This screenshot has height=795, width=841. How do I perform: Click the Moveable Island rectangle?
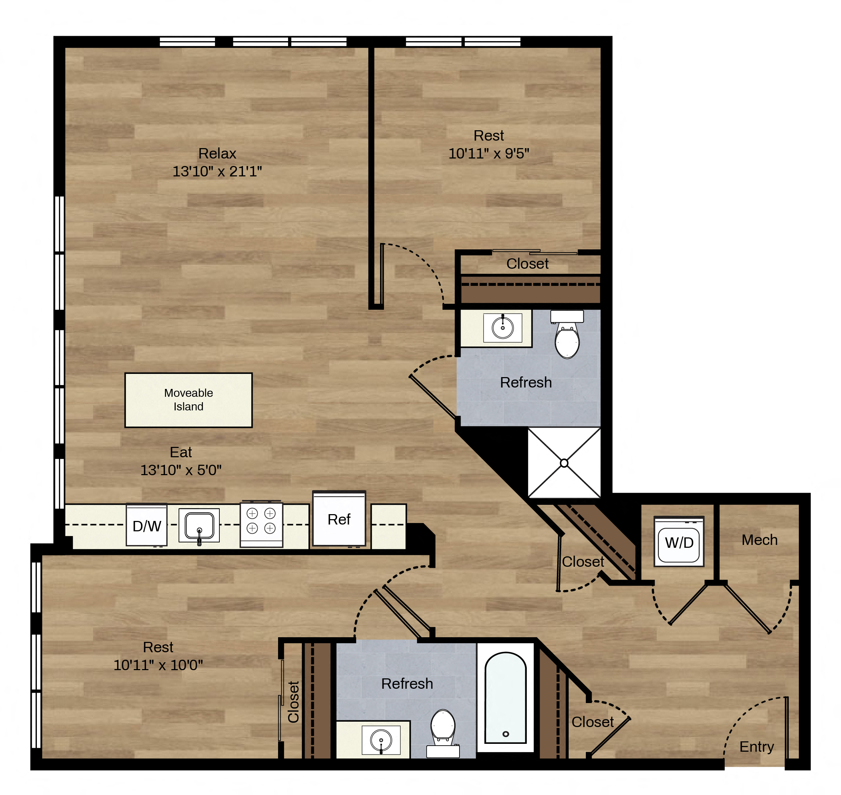(x=188, y=400)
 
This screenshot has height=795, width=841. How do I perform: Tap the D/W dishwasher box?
(x=147, y=525)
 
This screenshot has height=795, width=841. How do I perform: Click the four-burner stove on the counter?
(x=261, y=524)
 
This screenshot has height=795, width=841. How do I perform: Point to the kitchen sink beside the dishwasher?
(x=199, y=526)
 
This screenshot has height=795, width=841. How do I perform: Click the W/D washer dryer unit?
(x=679, y=541)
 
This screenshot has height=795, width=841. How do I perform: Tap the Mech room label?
(x=759, y=540)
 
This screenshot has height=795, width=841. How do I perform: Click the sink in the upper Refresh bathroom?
(x=502, y=328)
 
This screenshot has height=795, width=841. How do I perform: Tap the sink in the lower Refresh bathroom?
(x=381, y=740)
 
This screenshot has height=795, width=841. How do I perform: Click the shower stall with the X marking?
(x=564, y=463)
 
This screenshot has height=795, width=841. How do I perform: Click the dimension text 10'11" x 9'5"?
(x=489, y=153)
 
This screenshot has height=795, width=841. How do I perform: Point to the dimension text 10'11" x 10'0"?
(x=158, y=665)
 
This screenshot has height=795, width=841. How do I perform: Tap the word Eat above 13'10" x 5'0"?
(x=181, y=452)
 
